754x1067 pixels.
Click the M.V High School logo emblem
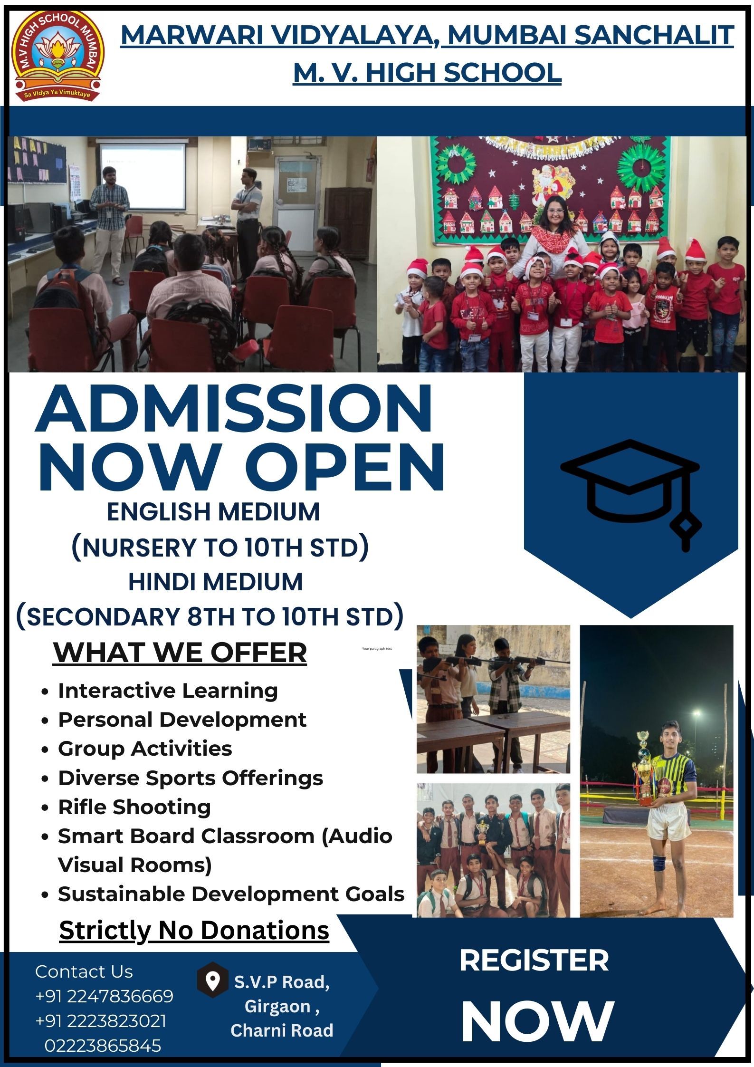(57, 56)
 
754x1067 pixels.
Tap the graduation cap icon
(631, 494)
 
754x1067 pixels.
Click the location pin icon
(212, 980)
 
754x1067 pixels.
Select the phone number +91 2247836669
(105, 996)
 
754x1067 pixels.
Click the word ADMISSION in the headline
(234, 410)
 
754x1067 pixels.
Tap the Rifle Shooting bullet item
(134, 807)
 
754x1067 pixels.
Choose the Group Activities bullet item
(145, 749)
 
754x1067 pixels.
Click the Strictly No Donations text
(194, 930)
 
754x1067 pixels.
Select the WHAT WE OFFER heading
(180, 652)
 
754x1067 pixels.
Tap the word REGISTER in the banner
(534, 961)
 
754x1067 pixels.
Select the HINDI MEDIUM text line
(215, 582)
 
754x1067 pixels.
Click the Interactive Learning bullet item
(168, 691)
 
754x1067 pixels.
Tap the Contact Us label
(84, 972)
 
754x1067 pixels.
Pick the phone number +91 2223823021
(101, 1021)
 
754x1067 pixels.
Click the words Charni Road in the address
(282, 1030)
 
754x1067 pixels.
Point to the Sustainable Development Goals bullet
(231, 894)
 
